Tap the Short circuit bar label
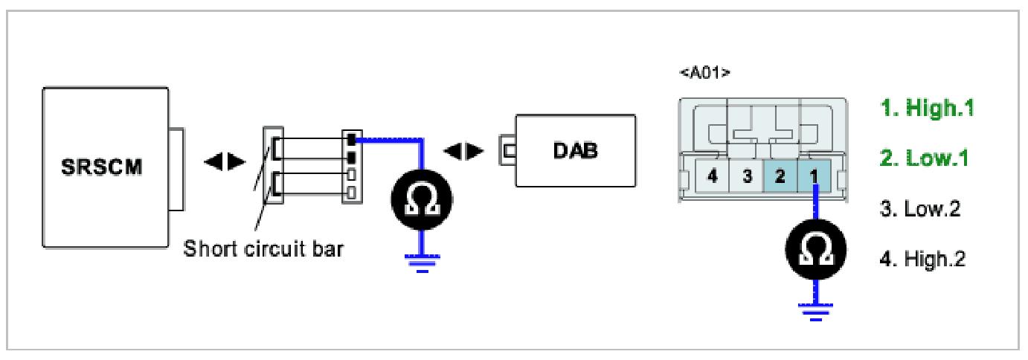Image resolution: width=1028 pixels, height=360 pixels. [263, 248]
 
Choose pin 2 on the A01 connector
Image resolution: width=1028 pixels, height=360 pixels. [780, 179]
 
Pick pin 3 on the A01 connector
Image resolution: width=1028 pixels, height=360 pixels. [746, 179]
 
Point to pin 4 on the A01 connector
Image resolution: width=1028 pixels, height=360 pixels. [712, 179]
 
